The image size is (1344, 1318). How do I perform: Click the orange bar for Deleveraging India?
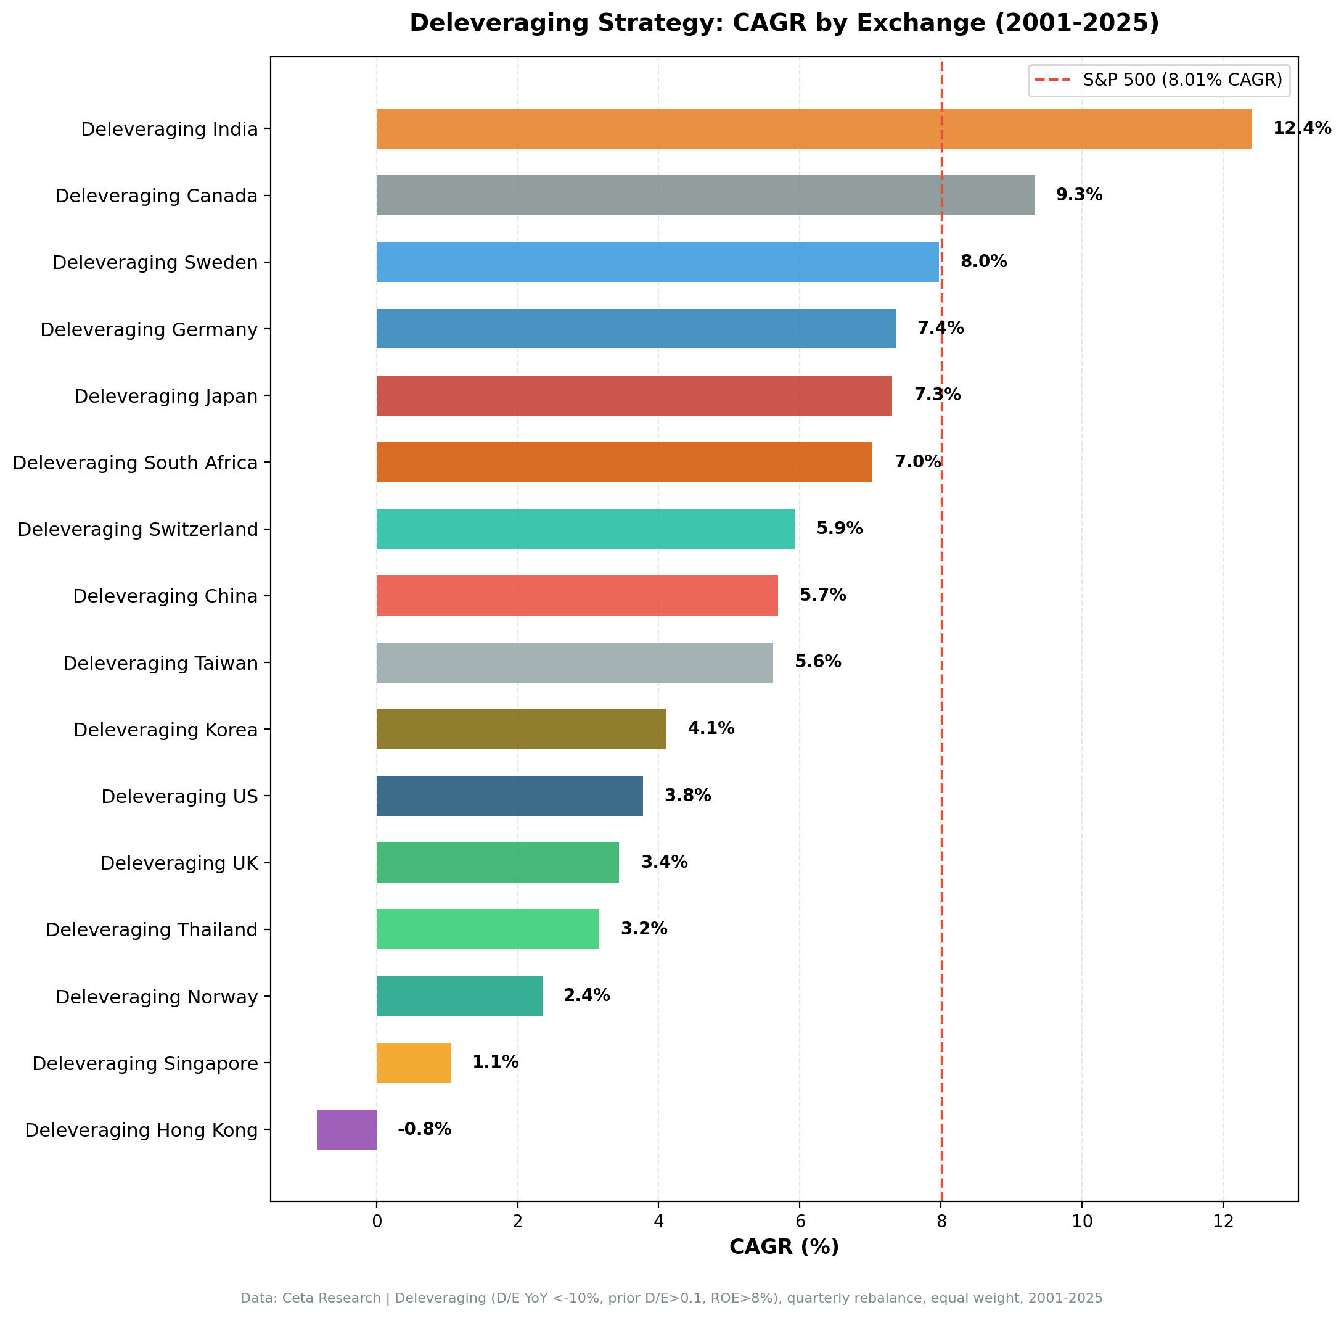(x=813, y=129)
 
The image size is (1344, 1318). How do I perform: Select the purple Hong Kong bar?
(x=346, y=1130)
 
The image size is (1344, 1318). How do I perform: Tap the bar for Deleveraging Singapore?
(x=414, y=1063)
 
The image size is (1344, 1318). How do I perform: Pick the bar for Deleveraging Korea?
(x=521, y=729)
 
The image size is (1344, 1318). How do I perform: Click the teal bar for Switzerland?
(x=585, y=529)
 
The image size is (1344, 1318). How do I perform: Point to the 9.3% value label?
(x=1078, y=196)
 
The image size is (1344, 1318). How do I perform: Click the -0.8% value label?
(x=424, y=1129)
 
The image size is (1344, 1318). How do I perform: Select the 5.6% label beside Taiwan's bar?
(x=817, y=662)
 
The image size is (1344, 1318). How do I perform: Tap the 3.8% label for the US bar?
(x=687, y=796)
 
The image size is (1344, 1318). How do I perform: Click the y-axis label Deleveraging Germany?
(x=149, y=329)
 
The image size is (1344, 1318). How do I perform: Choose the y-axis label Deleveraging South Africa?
(x=135, y=463)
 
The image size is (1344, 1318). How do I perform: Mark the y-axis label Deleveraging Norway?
(x=157, y=997)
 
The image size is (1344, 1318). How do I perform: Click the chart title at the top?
(x=784, y=23)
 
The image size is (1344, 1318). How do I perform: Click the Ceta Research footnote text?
(x=671, y=1299)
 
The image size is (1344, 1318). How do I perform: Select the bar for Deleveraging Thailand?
(x=487, y=929)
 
